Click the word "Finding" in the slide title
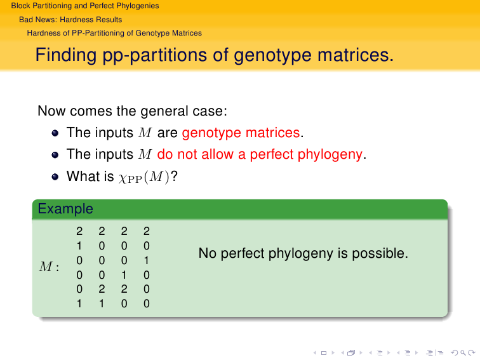[x=66, y=55]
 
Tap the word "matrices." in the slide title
[x=356, y=55]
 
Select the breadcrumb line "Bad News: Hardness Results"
[x=70, y=20]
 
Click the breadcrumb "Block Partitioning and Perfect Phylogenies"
[x=85, y=6]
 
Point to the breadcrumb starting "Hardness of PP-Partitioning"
[x=114, y=33]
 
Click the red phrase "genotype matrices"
[x=241, y=133]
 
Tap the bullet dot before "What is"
[x=55, y=177]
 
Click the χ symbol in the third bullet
[x=123, y=178]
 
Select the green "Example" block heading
[x=65, y=209]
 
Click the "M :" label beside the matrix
[x=49, y=267]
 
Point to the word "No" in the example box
[x=207, y=253]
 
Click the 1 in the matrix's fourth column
[x=146, y=260]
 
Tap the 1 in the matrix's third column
[x=124, y=275]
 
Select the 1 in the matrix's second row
[x=79, y=246]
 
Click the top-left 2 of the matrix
[x=79, y=231]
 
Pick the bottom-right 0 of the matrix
[x=146, y=303]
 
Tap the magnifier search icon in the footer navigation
[x=463, y=353]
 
